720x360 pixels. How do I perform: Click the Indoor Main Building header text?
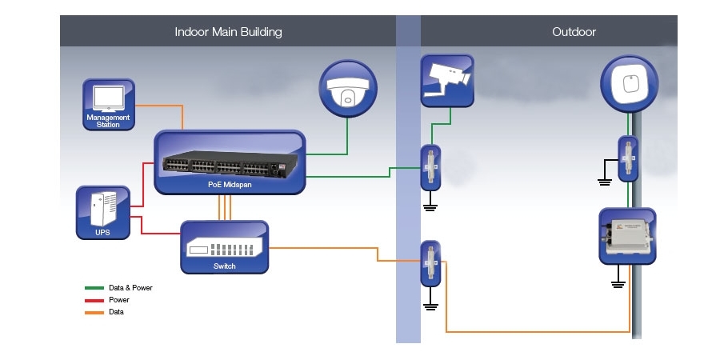pyautogui.click(x=228, y=32)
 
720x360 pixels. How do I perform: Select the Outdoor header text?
pyautogui.click(x=574, y=32)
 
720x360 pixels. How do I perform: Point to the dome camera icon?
pyautogui.click(x=346, y=87)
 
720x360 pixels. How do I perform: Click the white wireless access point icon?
pyautogui.click(x=630, y=84)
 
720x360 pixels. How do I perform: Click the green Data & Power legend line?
pyautogui.click(x=94, y=288)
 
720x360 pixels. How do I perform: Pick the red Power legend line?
pyautogui.click(x=94, y=300)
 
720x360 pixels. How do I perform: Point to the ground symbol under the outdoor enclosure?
pyautogui.click(x=617, y=282)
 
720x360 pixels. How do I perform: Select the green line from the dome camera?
pyautogui.click(x=346, y=136)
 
